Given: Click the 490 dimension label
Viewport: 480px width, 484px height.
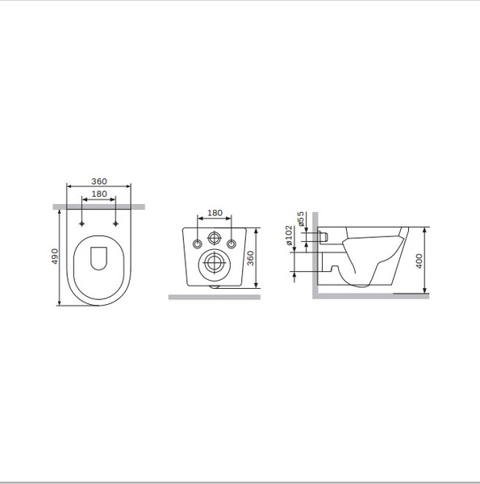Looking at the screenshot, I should (55, 257).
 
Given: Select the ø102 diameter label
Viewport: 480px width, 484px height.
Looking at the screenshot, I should (290, 237).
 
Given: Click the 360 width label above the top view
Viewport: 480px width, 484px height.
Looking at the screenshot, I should (98, 181).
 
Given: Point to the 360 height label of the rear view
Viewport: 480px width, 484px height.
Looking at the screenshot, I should (251, 258).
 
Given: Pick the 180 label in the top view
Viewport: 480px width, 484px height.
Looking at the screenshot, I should (98, 194).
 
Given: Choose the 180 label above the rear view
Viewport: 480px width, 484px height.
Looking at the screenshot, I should (215, 213).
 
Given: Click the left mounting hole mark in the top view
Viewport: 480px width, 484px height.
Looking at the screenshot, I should (83, 223).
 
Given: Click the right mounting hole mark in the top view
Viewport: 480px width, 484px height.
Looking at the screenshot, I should (116, 223).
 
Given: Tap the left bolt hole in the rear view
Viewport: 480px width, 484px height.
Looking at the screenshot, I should (198, 244).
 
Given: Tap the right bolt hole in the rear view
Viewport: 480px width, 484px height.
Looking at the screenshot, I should (232, 244).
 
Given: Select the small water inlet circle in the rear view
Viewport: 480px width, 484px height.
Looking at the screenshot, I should (215, 238).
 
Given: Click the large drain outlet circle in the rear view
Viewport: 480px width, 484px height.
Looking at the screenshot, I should (215, 261).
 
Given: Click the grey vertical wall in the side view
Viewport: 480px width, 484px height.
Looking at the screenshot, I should (315, 254).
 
